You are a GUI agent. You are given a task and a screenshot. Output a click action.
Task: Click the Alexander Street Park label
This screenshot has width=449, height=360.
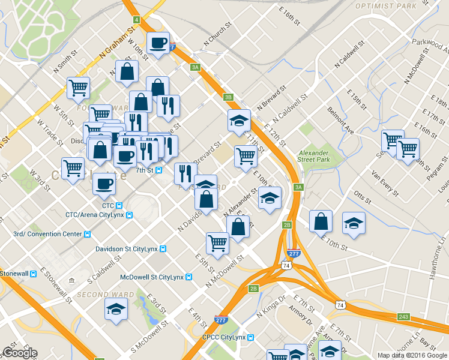[315, 156]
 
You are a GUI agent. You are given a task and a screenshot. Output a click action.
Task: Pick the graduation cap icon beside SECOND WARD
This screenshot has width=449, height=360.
[116, 310]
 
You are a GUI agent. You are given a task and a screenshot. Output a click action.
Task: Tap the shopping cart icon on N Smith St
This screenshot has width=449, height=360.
[79, 88]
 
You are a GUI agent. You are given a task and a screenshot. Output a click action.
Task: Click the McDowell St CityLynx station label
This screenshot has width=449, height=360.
[151, 277]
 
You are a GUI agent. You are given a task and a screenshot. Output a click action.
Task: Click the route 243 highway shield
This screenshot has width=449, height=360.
[403, 316]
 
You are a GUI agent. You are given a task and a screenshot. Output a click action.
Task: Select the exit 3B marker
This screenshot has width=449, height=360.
[228, 97]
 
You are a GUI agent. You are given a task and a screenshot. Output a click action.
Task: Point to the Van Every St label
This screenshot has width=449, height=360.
[385, 182]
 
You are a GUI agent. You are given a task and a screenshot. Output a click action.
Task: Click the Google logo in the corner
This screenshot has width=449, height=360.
[20, 353]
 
